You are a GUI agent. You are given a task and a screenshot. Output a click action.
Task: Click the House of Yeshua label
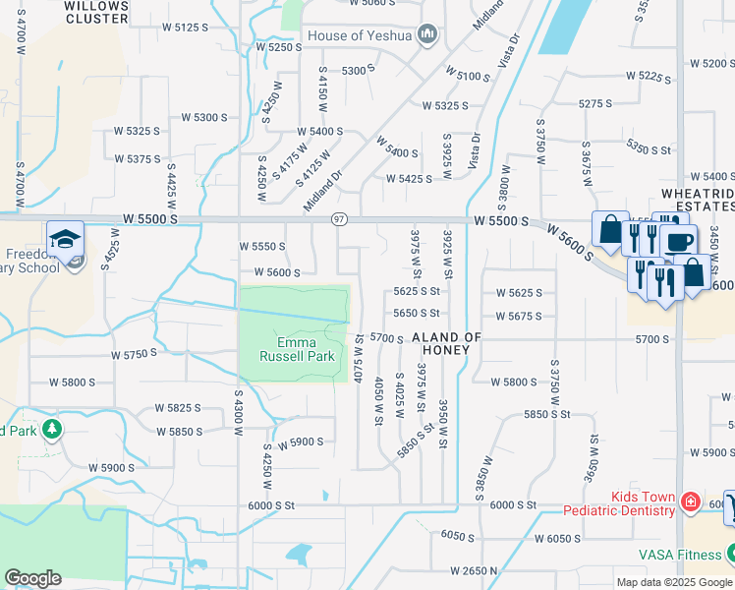tap(361, 35)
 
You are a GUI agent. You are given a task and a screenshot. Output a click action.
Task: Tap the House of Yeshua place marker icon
tap(426, 35)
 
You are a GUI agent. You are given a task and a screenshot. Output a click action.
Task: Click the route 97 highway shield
tap(339, 218)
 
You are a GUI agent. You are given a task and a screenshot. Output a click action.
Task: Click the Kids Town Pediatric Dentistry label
tap(619, 503)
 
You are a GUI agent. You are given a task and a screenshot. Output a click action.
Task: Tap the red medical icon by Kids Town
tap(691, 502)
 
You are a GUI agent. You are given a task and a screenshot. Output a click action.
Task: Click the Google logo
tap(33, 578)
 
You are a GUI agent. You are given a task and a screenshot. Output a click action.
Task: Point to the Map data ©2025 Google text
tap(674, 582)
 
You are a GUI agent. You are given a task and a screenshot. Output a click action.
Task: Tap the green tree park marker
tap(51, 430)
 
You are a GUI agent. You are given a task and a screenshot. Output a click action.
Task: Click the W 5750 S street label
tap(135, 353)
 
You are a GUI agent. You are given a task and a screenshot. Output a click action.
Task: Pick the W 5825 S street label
tap(177, 407)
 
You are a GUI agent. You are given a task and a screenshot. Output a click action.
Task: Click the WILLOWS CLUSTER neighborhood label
tap(96, 12)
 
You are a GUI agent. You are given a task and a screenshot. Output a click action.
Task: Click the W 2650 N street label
tap(482, 570)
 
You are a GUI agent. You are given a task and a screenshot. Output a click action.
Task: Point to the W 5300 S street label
tap(204, 117)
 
